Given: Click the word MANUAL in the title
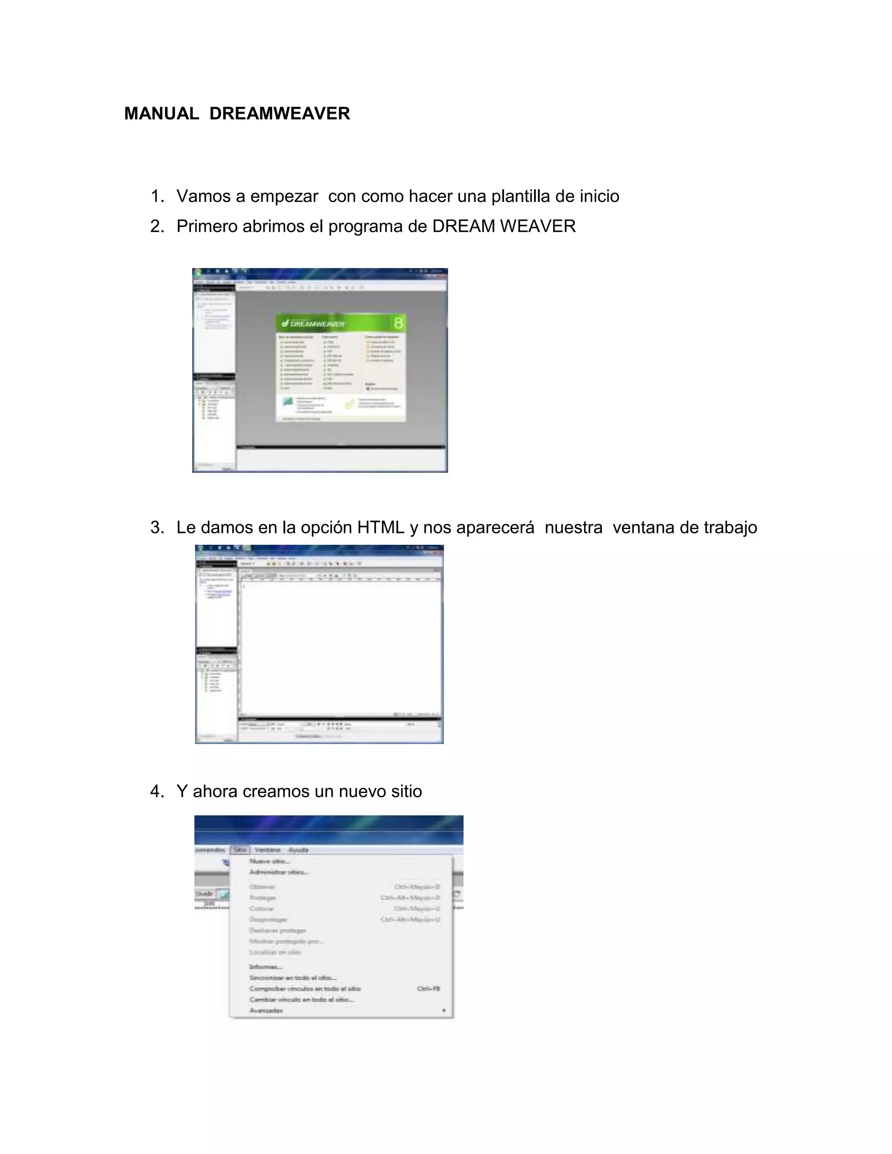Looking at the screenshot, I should (x=161, y=114).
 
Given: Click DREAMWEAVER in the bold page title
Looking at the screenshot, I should (x=280, y=114).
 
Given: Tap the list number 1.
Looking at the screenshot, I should (x=156, y=196).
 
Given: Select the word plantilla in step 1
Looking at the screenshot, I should (x=520, y=196).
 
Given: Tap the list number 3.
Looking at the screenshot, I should (x=156, y=527).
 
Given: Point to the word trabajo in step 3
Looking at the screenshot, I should (x=731, y=527).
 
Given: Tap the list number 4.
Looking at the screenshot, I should (x=156, y=792).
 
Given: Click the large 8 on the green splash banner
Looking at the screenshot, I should (x=399, y=323).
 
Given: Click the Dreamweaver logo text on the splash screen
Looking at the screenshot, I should (x=317, y=324).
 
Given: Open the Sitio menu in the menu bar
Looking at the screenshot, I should (x=240, y=850).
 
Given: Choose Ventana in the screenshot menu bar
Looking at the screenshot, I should (x=267, y=850).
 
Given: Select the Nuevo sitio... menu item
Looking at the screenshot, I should (x=270, y=861).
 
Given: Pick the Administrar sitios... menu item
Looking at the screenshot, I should (x=278, y=872).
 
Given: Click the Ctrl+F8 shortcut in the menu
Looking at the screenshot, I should (x=429, y=989).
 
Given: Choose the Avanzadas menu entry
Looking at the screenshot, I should (x=266, y=1011).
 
